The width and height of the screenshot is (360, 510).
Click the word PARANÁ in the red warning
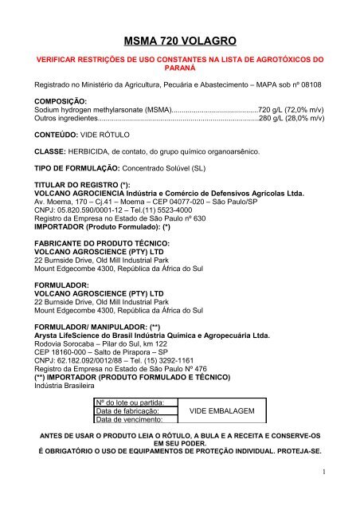179,69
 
